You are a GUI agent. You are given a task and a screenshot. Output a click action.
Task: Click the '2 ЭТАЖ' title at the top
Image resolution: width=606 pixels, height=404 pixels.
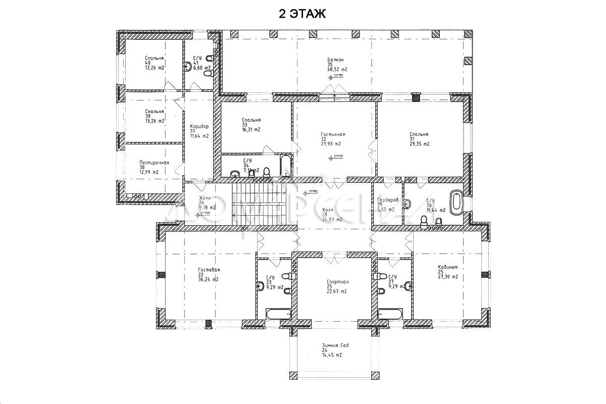(303, 14)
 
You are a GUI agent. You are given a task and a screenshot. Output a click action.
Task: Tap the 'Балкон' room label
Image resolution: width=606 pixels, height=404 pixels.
(336, 59)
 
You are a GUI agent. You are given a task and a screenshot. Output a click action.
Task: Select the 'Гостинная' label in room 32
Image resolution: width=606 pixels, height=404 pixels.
(332, 134)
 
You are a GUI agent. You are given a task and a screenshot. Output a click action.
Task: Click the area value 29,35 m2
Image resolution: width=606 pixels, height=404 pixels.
(419, 144)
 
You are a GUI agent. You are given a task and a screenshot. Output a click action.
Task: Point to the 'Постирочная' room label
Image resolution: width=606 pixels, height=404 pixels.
(154, 163)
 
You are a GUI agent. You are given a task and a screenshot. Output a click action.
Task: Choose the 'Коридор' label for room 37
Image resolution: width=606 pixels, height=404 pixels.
(199, 126)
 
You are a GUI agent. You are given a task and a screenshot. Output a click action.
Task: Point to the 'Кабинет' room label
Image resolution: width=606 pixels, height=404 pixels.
(447, 267)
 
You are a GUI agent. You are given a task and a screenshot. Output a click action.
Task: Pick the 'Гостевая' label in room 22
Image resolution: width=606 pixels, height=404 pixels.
(209, 270)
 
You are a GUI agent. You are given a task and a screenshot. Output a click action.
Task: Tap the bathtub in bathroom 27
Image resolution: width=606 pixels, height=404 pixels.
(390, 314)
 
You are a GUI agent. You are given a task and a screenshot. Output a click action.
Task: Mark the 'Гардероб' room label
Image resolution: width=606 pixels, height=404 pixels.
(388, 200)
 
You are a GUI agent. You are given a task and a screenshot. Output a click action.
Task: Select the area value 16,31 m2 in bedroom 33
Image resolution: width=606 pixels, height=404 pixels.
(251, 129)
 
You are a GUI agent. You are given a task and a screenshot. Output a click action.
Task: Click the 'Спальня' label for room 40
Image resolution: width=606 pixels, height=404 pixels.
(154, 58)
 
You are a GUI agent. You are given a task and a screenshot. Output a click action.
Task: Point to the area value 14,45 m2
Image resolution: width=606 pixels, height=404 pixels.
(331, 355)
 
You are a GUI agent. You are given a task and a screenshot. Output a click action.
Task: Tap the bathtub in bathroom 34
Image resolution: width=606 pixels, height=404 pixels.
(286, 166)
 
